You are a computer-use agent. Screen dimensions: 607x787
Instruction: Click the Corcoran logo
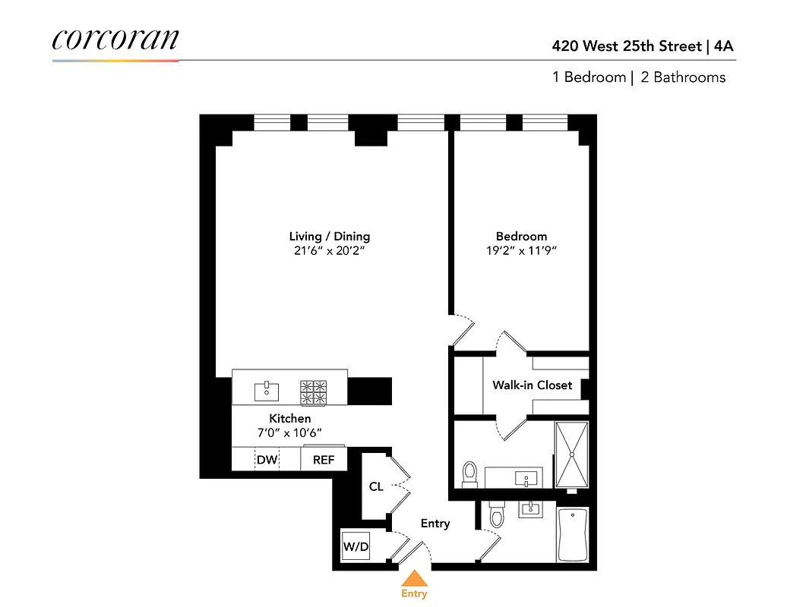click(115, 40)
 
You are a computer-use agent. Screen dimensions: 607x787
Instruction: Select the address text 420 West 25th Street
click(627, 46)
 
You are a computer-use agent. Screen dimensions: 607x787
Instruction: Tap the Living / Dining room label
click(329, 236)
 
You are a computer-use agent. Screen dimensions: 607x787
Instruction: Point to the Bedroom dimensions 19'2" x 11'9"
click(521, 251)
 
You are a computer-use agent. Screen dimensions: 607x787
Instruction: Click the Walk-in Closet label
click(532, 385)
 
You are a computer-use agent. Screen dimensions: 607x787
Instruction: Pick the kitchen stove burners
click(314, 391)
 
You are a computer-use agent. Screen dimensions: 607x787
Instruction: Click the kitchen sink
click(266, 391)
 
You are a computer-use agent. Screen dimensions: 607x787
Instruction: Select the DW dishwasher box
click(266, 460)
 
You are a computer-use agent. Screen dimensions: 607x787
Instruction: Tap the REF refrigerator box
click(324, 460)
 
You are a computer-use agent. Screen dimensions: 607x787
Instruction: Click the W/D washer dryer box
click(355, 546)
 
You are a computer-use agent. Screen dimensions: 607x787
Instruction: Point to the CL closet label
click(376, 486)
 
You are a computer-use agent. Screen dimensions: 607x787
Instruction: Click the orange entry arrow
click(414, 578)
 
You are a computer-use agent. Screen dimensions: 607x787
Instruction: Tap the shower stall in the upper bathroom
click(571, 455)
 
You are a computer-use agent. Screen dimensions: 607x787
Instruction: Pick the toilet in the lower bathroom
click(498, 516)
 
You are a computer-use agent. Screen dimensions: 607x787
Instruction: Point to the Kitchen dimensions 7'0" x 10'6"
click(289, 433)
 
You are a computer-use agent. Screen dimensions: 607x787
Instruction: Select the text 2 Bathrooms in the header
click(683, 77)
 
